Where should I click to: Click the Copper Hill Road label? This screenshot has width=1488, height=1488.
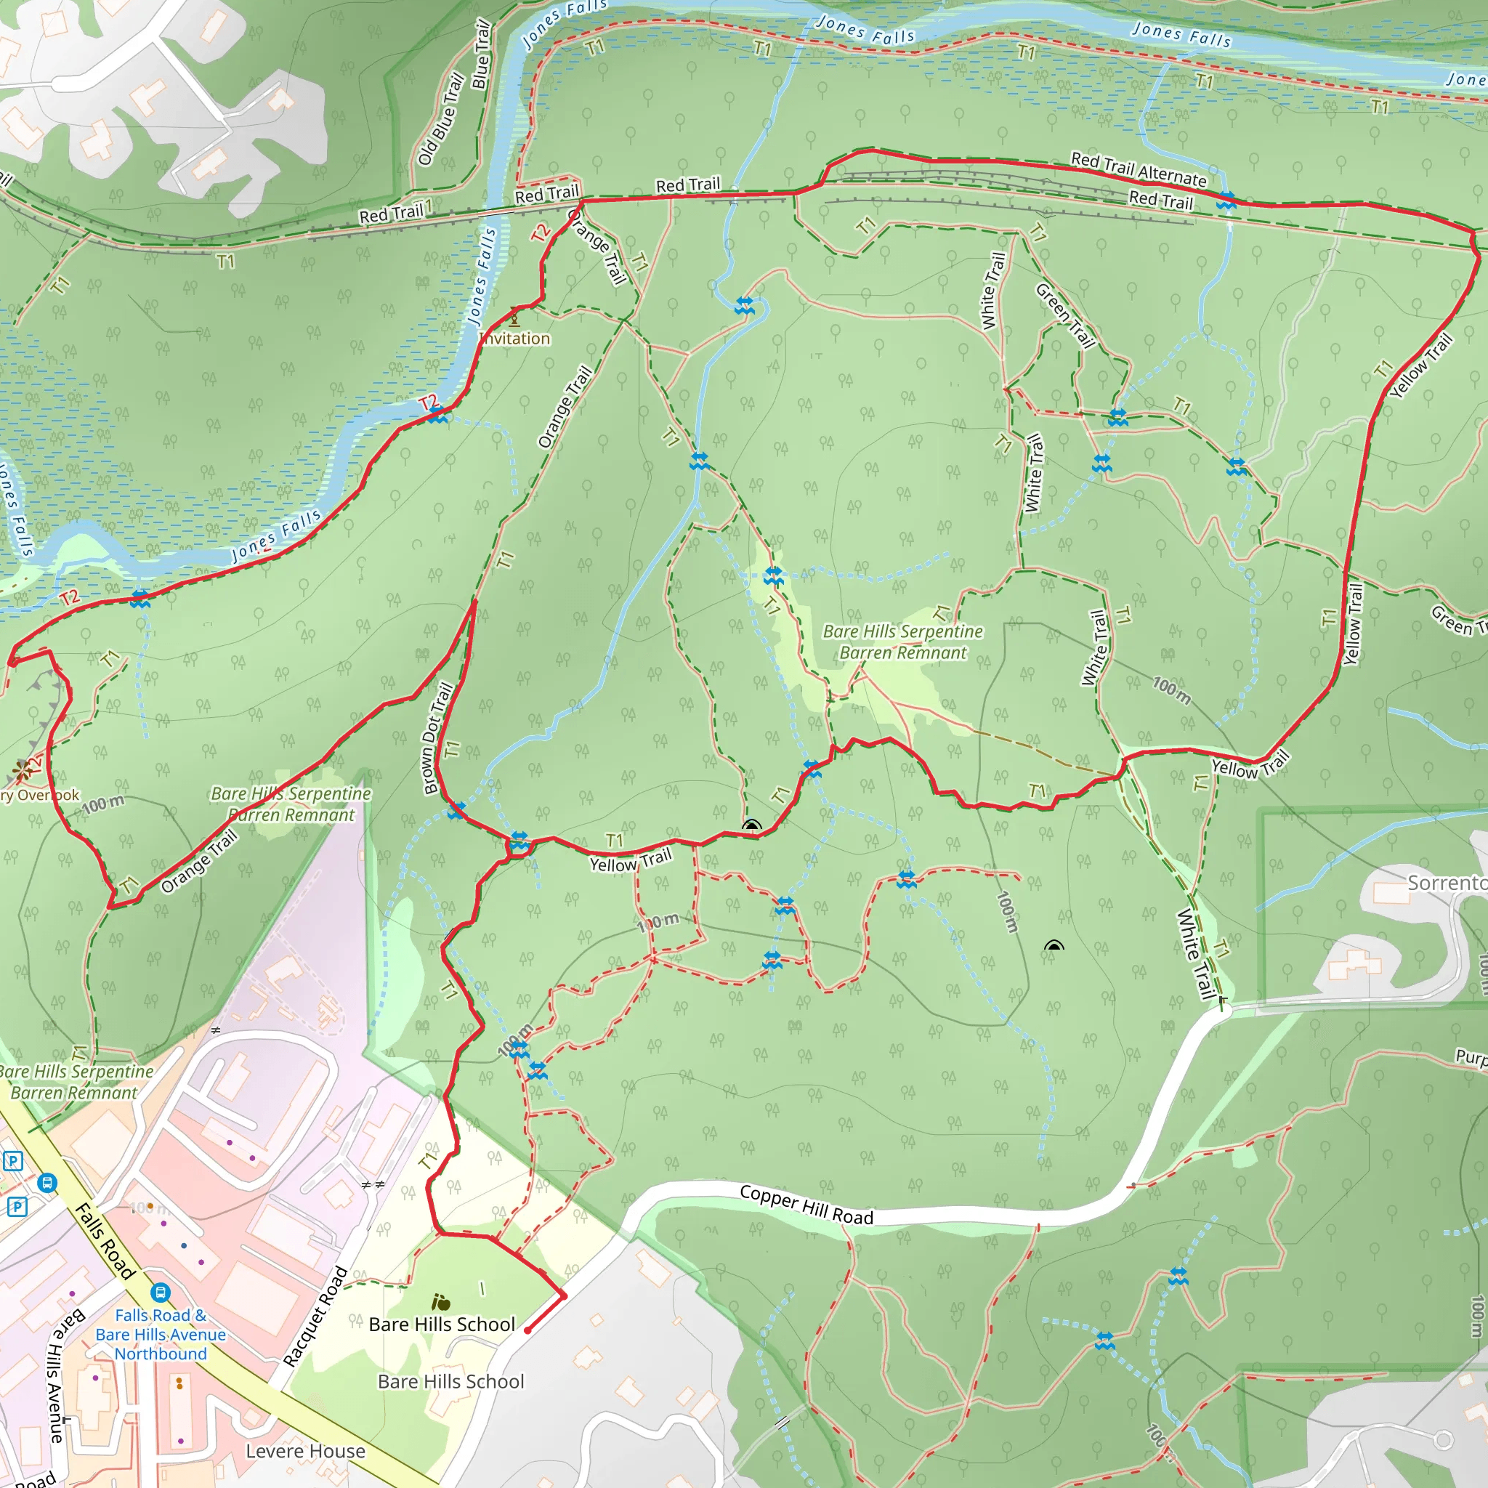806,1206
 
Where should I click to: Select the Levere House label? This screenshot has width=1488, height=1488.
305,1451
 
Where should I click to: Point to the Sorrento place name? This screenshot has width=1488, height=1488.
1447,883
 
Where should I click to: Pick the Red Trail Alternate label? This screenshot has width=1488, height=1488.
1139,169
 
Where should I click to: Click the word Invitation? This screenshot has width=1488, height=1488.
514,339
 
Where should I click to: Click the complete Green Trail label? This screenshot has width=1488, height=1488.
1064,315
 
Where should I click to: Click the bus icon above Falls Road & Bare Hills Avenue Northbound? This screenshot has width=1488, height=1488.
160,1292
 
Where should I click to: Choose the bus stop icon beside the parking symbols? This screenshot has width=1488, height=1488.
47,1182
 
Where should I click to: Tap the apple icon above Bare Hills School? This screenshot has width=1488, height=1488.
441,1301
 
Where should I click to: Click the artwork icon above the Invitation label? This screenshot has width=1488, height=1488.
514,317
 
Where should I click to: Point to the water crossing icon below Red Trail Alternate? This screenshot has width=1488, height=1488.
1226,202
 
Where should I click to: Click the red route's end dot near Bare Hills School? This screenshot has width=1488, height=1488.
527,1330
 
